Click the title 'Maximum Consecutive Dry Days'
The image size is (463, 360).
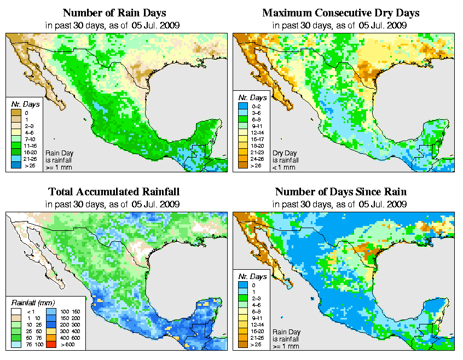341,13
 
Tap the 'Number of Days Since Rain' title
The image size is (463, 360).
341,192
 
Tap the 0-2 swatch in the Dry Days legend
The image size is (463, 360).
242,113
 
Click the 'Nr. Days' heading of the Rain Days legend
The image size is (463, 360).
22,104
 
